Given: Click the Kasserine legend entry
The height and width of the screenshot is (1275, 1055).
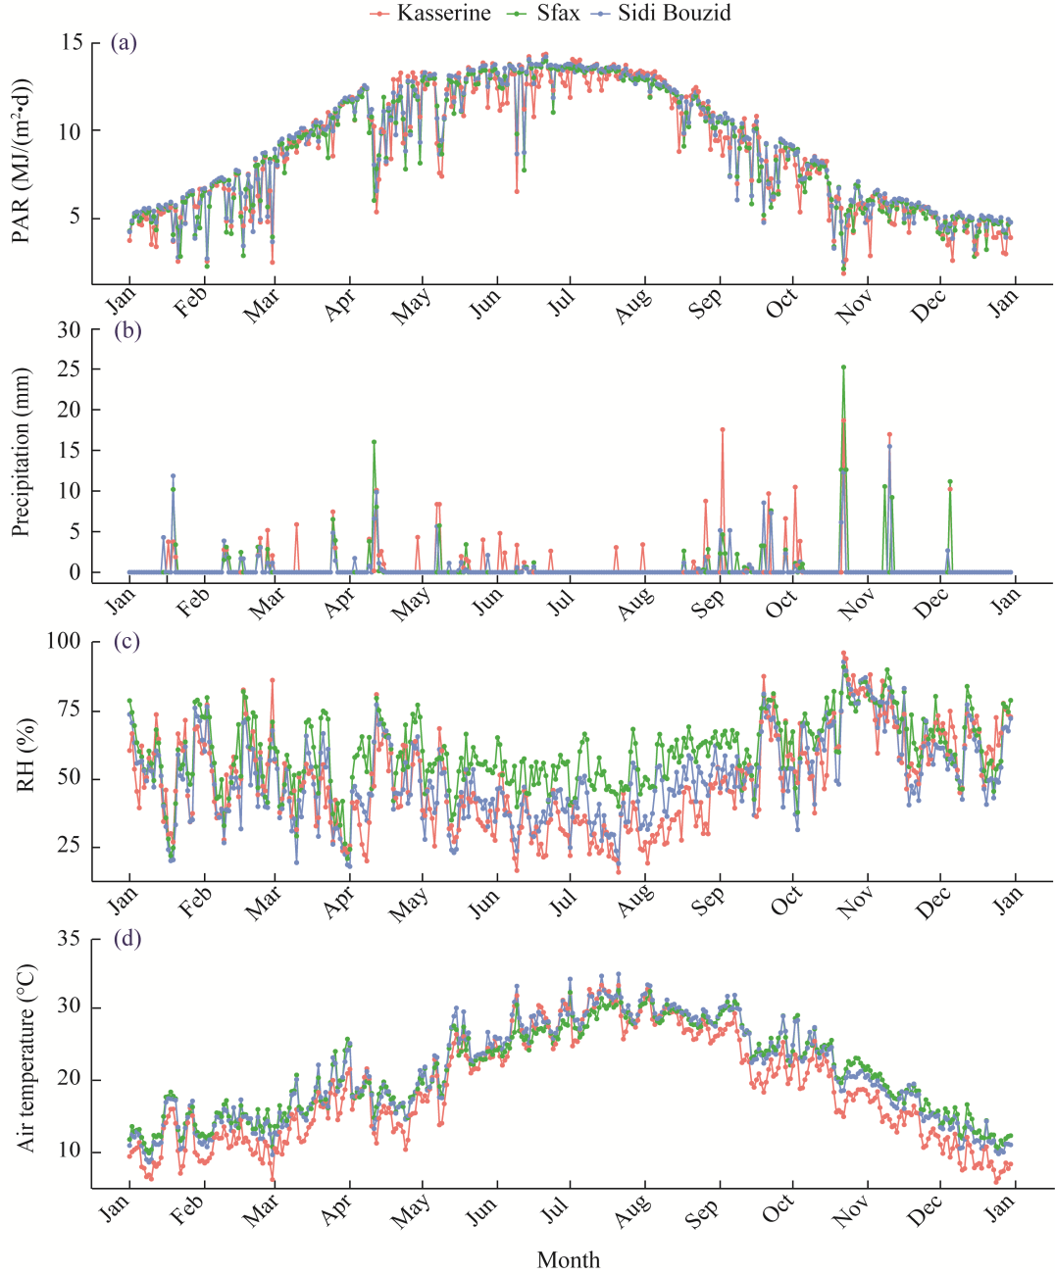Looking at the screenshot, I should point(440,13).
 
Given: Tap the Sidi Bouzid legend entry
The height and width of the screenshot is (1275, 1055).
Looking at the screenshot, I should point(673,13).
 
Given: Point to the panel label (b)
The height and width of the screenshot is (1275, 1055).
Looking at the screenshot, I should point(126,329).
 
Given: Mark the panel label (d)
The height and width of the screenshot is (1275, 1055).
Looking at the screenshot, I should point(126,938).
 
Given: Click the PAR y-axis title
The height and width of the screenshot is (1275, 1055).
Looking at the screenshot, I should point(22,161).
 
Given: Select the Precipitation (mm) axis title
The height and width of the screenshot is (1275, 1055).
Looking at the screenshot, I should point(22,452).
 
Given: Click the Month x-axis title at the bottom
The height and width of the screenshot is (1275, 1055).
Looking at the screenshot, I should point(569,1259).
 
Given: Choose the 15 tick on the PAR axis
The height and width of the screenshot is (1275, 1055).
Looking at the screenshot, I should point(72,42).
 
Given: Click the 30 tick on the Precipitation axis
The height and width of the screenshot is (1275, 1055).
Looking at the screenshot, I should point(69,329).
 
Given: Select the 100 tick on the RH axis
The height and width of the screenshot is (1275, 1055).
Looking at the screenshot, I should point(65,641).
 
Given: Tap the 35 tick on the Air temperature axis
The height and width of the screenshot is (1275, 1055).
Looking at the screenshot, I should point(69,938).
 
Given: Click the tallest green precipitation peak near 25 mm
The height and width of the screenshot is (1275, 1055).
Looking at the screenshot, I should point(843,368).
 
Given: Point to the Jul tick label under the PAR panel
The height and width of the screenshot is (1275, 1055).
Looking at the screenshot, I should point(562,304).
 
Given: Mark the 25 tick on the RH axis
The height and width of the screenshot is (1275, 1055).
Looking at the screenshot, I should point(69,847).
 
